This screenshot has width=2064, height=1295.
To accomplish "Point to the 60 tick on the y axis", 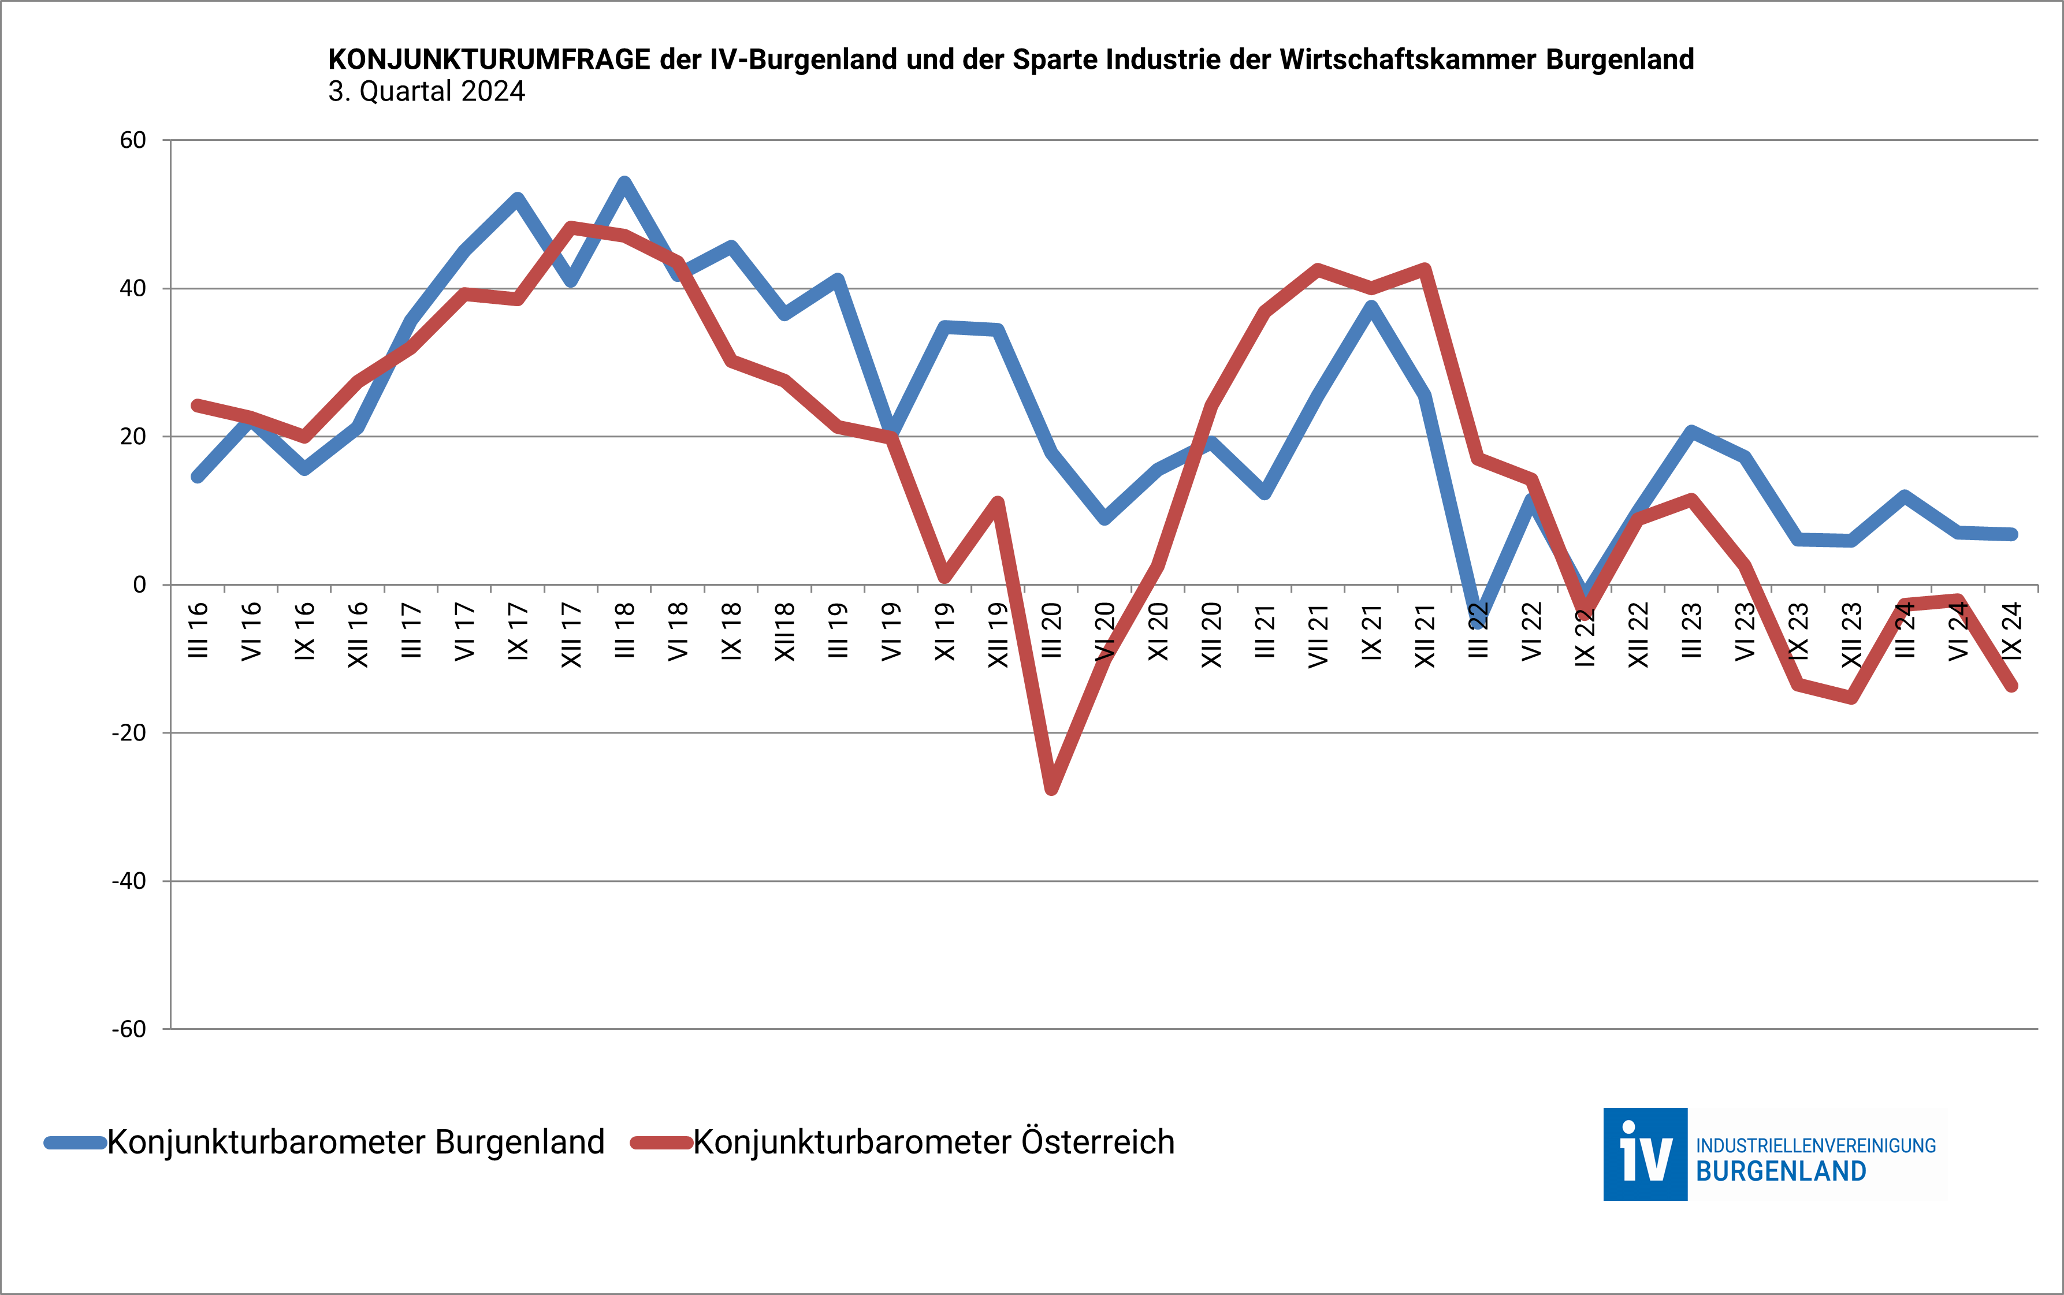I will tap(133, 140).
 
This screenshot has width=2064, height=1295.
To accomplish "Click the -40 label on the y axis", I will tap(128, 881).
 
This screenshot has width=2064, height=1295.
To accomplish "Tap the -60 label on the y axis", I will tap(128, 1029).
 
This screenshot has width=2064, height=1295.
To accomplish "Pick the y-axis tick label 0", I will tap(140, 585).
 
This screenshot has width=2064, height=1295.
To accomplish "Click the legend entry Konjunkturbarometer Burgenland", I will tap(355, 1143).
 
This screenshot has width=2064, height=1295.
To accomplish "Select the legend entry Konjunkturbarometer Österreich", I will tap(933, 1143).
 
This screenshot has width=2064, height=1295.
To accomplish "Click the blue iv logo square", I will tap(1645, 1153).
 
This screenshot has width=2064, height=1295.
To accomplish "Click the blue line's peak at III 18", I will tap(624, 183).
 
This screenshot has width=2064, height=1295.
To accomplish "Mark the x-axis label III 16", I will tap(198, 631).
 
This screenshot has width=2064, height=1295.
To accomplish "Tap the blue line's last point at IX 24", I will tap(2012, 534).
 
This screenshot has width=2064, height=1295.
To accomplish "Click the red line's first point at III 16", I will tap(198, 405).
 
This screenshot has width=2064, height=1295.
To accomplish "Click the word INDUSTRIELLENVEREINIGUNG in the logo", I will tap(1816, 1146).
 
